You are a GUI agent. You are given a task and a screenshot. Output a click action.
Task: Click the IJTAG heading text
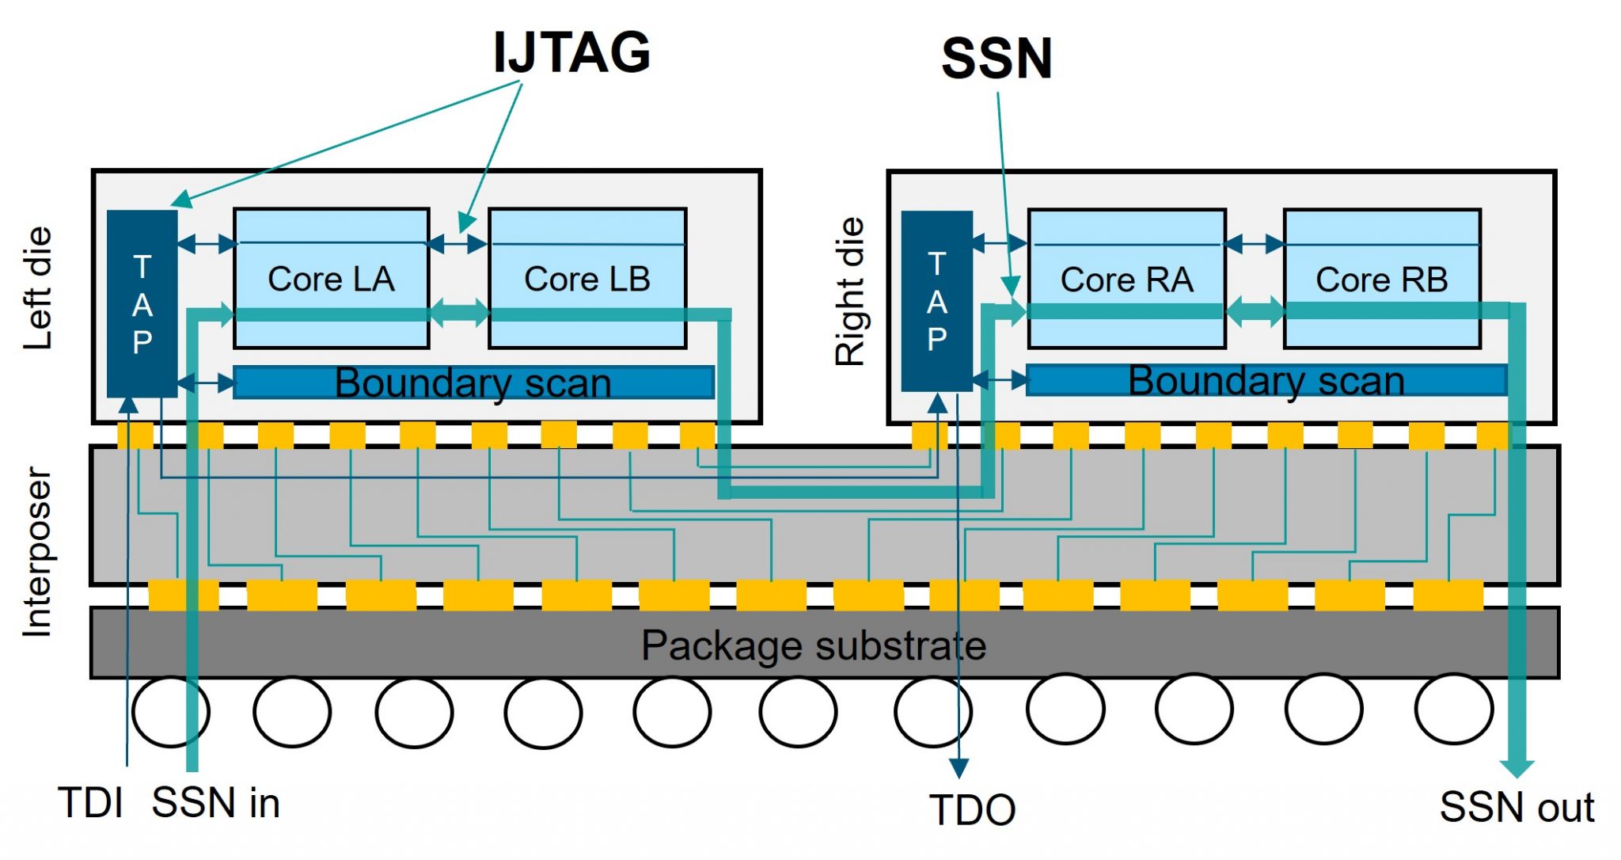(571, 52)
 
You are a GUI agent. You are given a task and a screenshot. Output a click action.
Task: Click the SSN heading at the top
(997, 59)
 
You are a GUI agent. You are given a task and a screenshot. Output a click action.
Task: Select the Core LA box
(331, 278)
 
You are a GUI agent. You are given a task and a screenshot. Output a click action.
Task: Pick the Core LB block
(587, 278)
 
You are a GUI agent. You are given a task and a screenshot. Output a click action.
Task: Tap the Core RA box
(1126, 279)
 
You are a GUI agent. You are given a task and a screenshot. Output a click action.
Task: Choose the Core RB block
(1382, 279)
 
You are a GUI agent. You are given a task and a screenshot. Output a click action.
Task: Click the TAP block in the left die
(142, 303)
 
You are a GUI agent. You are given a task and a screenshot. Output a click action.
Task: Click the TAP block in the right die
(936, 301)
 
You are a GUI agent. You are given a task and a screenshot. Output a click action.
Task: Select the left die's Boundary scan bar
(473, 382)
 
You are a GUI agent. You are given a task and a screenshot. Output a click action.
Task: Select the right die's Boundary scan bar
(1266, 380)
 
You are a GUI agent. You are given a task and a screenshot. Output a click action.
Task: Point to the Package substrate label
(814, 645)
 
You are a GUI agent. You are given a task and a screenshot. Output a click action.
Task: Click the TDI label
(90, 803)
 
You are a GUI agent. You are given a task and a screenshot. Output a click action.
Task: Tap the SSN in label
(215, 803)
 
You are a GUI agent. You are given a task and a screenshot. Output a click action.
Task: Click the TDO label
(973, 810)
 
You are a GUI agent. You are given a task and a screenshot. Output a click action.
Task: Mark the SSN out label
(1517, 807)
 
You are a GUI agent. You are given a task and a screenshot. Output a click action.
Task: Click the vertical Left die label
(38, 288)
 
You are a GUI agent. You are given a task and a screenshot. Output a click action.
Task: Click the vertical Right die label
(850, 291)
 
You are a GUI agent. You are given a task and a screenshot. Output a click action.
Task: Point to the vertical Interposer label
(38, 551)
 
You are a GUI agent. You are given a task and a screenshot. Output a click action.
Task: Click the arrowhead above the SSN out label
(1517, 767)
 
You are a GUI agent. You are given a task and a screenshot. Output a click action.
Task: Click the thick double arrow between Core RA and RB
(1255, 311)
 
